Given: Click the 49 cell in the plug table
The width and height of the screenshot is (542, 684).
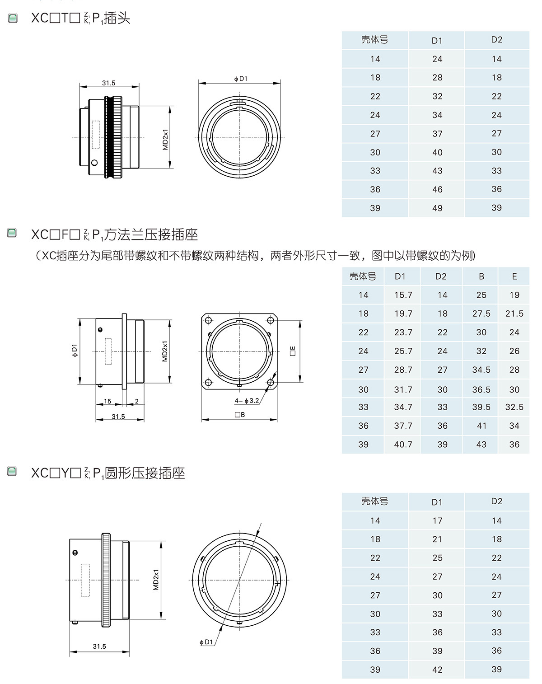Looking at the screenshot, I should coord(437,208).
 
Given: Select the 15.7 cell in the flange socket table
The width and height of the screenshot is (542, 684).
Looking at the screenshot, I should coord(403,295).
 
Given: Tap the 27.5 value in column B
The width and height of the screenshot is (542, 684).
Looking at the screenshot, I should coord(481,314).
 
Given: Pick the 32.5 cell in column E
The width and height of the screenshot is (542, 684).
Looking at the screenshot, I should coord(514,407).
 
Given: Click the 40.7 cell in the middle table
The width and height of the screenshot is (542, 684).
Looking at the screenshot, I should coord(403,445).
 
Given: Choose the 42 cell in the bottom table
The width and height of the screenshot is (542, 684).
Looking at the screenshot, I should coord(437,670).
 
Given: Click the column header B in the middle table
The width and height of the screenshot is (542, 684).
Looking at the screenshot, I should coord(481,276).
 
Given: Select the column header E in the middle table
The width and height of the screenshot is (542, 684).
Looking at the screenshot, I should coord(514,276).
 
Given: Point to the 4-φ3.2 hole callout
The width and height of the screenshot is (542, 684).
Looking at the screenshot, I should coord(247,401).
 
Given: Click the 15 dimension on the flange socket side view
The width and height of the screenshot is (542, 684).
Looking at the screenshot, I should coord(107,401).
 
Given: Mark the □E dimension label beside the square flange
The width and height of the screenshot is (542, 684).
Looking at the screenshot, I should coord(293,351).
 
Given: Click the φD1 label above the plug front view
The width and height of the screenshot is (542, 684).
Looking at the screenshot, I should coord(241,79).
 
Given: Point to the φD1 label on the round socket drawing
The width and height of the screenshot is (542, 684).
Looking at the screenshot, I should coord(206,642).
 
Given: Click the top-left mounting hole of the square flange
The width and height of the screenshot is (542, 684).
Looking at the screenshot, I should coord(208,321).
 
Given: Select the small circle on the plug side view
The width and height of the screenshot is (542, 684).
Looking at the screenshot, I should coord(94,163).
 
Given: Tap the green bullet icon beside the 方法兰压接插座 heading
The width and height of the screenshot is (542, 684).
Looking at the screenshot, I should coord(13,233).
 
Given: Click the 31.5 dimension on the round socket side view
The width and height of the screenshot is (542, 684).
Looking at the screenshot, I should coord(99,647).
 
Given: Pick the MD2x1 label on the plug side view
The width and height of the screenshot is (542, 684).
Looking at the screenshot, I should coord(165,140).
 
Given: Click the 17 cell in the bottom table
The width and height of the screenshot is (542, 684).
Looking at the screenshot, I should coord(437,521).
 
